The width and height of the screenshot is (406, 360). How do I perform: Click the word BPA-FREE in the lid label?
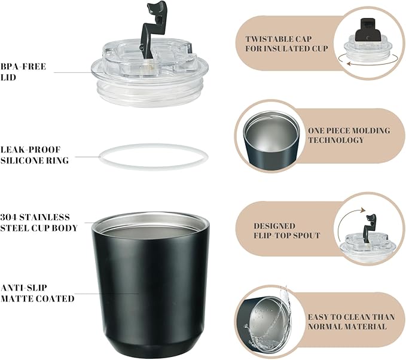tap(23, 66)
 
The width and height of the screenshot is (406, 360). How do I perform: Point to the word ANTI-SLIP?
tap(24, 288)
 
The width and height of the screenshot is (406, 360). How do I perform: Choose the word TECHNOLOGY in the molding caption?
tap(336, 140)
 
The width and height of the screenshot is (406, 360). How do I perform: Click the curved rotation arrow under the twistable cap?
tap(368, 62)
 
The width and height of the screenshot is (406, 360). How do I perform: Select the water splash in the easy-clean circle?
tap(269, 321)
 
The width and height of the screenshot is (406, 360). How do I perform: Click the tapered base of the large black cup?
tap(151, 346)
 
